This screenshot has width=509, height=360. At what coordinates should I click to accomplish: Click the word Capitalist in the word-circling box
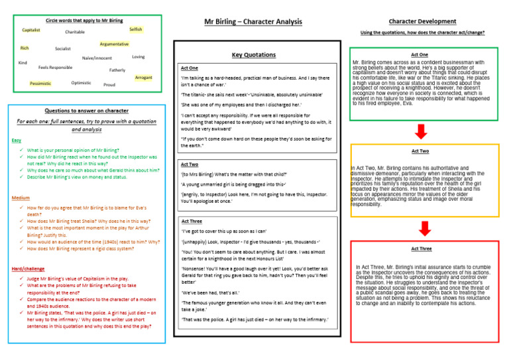pos(31,30)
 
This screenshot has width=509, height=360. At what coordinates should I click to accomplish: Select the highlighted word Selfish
pos(135,30)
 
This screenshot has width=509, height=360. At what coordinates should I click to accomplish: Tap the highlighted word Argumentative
pos(114,44)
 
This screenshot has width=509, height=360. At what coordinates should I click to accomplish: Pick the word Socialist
pos(63,49)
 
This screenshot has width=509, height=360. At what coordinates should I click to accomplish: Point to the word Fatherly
pos(117,70)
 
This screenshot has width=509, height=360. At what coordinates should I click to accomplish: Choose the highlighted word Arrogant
pos(143,78)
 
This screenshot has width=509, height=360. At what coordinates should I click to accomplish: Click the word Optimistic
pos(81,83)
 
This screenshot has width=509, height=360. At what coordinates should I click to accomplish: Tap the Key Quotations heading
pos(254,54)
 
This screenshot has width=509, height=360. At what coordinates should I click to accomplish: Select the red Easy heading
pos(18,141)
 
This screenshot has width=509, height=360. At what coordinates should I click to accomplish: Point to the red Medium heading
pos(21,198)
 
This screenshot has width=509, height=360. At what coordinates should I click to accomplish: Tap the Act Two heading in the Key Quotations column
pos(190,164)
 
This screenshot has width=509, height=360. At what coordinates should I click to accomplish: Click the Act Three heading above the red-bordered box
pos(420,249)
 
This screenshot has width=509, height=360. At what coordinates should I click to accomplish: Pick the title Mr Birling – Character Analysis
pos(254,21)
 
